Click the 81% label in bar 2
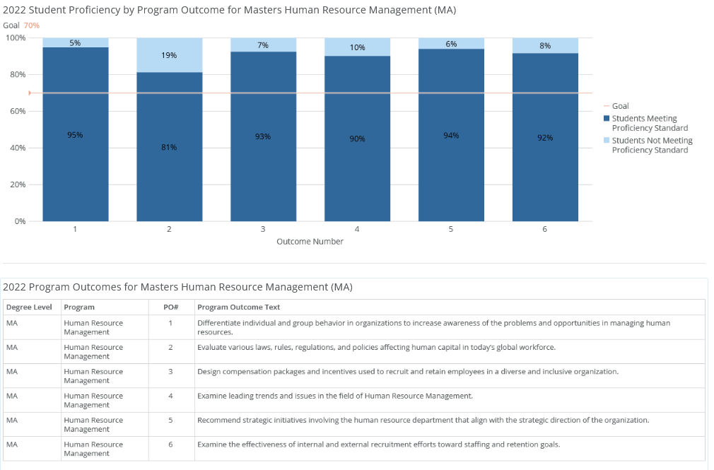click(x=169, y=147)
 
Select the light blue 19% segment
click(x=169, y=55)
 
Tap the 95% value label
click(x=75, y=135)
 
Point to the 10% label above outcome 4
click(x=357, y=47)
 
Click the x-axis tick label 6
click(x=544, y=229)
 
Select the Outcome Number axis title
click(x=310, y=242)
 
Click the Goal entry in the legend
click(x=620, y=106)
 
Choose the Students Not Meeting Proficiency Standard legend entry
click(x=651, y=145)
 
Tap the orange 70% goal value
click(x=32, y=25)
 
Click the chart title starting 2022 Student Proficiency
click(x=229, y=11)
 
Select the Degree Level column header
click(x=28, y=307)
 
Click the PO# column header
click(x=170, y=307)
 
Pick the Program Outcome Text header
click(x=238, y=307)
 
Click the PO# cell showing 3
click(x=170, y=372)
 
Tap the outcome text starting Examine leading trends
click(x=334, y=396)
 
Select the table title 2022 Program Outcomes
click(x=177, y=287)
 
